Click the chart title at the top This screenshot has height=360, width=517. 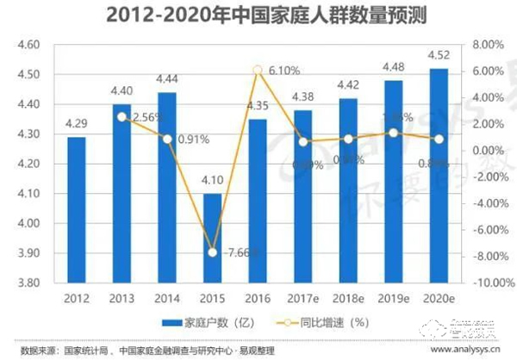[258, 16]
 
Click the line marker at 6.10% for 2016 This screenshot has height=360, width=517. [258, 70]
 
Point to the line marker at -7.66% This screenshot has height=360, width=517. [212, 251]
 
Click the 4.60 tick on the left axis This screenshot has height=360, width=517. [29, 44]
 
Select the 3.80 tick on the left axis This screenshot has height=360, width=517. [29, 282]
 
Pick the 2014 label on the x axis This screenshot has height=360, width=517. [166, 297]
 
